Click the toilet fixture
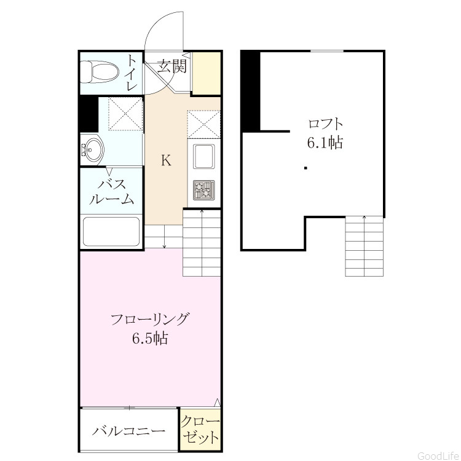point(100,72)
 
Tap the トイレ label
point(132,73)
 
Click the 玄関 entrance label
point(172,66)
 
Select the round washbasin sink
point(92,149)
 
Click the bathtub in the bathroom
point(111,232)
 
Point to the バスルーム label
point(112,192)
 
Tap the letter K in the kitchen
point(166,160)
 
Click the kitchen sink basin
point(203,156)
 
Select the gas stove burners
point(203,190)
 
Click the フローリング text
point(149,319)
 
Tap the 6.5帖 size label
point(150,339)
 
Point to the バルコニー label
point(129,431)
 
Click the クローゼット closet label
point(200,430)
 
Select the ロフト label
point(325,124)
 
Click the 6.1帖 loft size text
point(325,143)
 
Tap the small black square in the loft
point(305,168)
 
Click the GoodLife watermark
point(438,455)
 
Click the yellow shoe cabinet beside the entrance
point(207,73)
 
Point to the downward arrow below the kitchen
point(164,237)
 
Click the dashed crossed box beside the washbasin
point(125,114)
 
